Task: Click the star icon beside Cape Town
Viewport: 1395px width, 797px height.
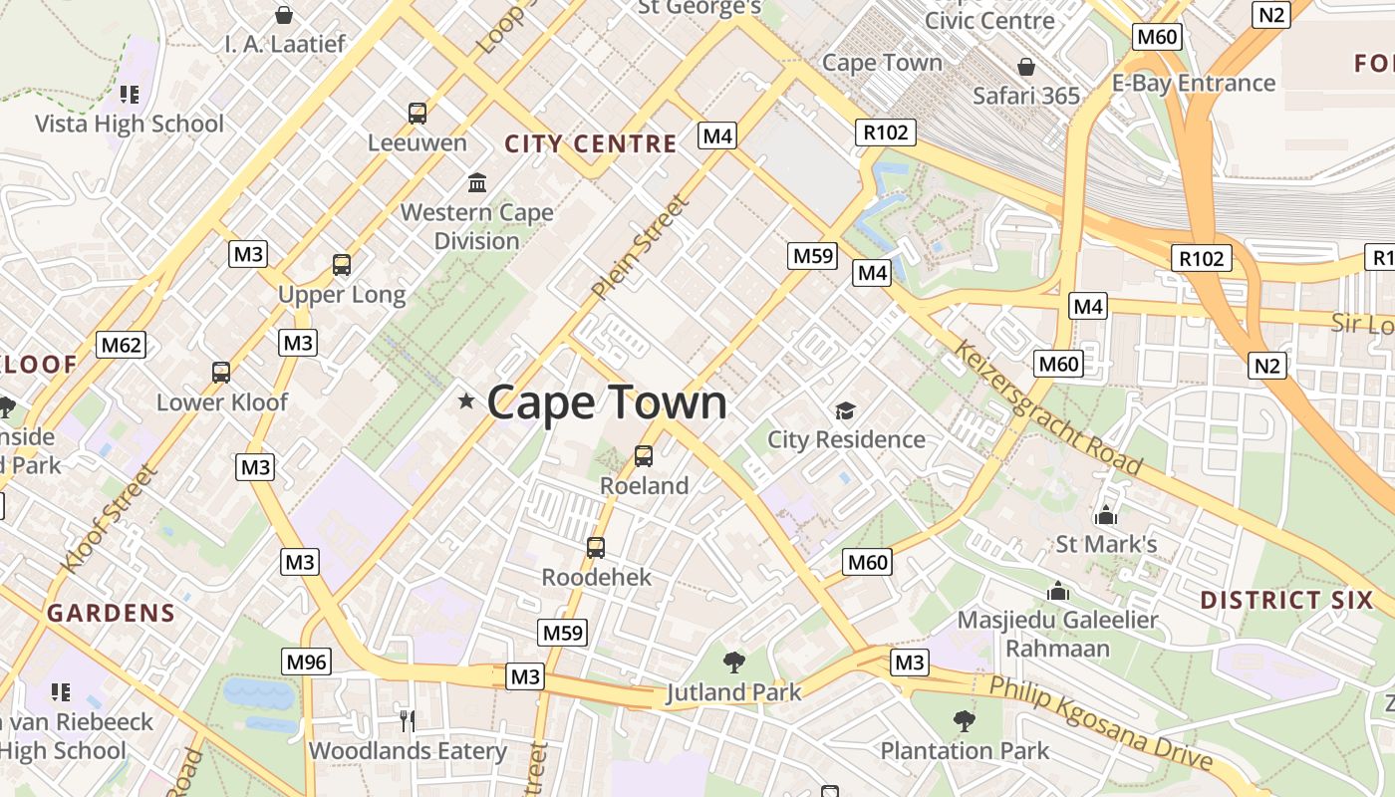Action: pyautogui.click(x=465, y=401)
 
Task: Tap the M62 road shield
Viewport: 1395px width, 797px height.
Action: pyautogui.click(x=122, y=346)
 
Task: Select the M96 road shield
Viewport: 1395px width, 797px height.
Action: pyautogui.click(x=306, y=662)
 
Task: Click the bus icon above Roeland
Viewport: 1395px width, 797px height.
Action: pyautogui.click(x=644, y=456)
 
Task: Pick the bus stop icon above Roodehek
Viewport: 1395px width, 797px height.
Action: pyautogui.click(x=596, y=547)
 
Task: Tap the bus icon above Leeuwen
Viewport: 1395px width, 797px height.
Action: pyautogui.click(x=418, y=114)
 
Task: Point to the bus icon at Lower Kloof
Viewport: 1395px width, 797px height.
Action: pyautogui.click(x=221, y=373)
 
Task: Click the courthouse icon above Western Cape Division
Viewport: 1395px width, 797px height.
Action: pyautogui.click(x=477, y=183)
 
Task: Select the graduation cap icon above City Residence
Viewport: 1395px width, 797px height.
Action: pyautogui.click(x=845, y=410)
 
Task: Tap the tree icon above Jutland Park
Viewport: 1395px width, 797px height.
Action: pyautogui.click(x=734, y=662)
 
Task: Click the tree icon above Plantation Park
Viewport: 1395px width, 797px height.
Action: pyautogui.click(x=964, y=720)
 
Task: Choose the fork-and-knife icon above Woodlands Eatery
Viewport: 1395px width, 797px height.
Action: pyautogui.click(x=407, y=720)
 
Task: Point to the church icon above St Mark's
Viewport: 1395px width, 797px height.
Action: pyautogui.click(x=1105, y=515)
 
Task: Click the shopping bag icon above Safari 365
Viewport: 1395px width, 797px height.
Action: pyautogui.click(x=1026, y=67)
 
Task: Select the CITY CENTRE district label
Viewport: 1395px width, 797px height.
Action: pyautogui.click(x=591, y=143)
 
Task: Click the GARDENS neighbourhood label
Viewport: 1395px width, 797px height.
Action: pyautogui.click(x=111, y=613)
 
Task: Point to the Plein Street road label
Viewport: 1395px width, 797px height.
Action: pyautogui.click(x=641, y=248)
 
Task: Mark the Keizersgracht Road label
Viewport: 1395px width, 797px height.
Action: pyautogui.click(x=1049, y=407)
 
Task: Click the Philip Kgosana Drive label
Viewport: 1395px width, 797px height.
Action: pyautogui.click(x=1100, y=723)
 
